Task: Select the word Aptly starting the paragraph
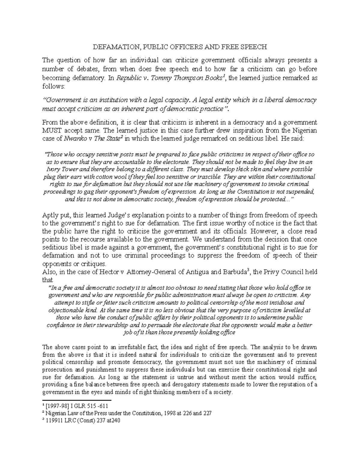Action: (50, 215)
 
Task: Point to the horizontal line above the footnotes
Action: (77, 400)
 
